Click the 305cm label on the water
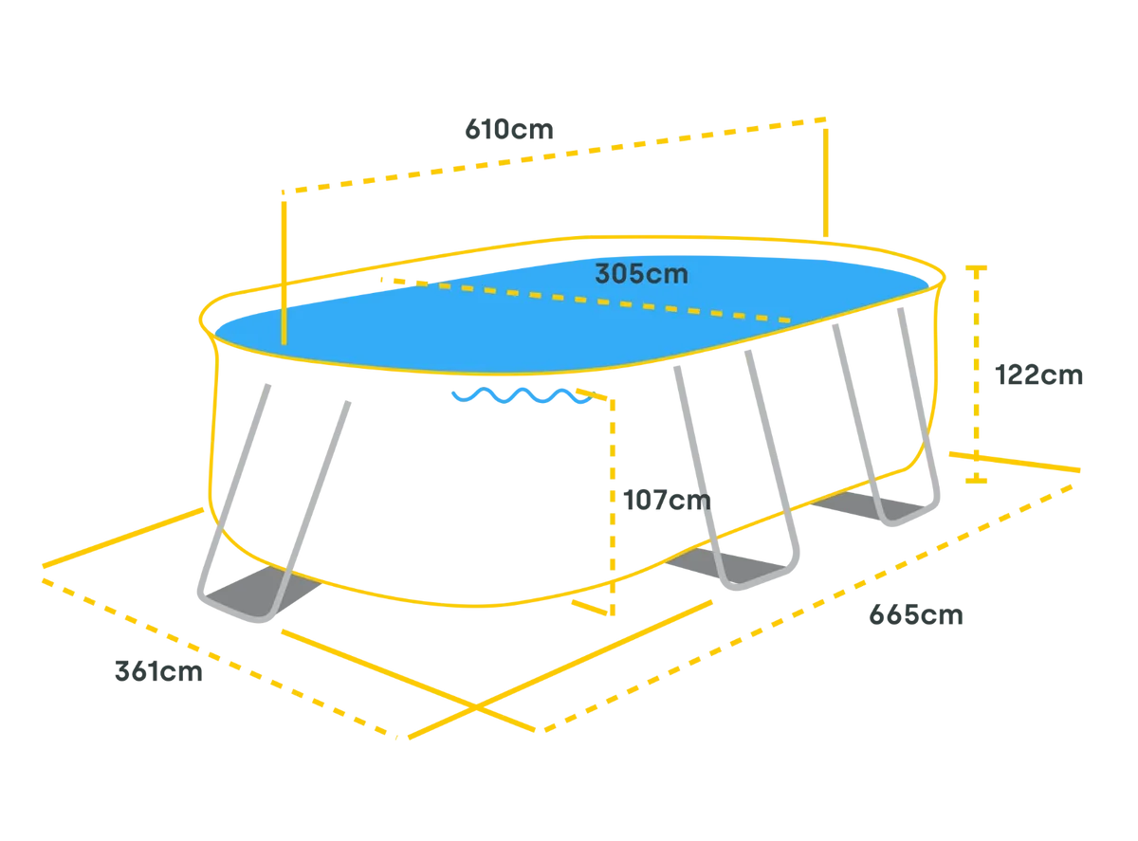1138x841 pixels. (x=641, y=274)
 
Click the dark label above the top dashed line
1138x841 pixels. (x=512, y=130)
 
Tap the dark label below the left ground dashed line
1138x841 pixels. (x=158, y=671)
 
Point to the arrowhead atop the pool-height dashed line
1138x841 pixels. (x=976, y=271)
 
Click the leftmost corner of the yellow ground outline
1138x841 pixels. (x=42, y=568)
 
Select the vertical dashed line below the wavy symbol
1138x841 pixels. (x=615, y=493)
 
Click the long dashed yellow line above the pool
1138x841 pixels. (x=560, y=155)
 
